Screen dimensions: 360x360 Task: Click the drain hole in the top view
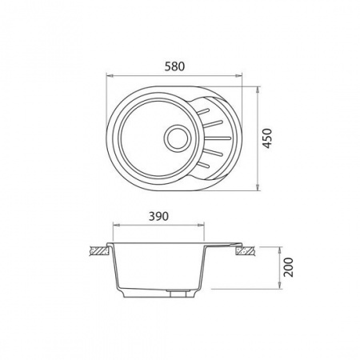(x=176, y=136)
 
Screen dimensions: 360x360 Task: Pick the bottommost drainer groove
(x=209, y=166)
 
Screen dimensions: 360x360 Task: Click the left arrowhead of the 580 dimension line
(x=110, y=77)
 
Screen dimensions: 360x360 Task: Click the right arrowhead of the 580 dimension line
(x=241, y=77)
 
